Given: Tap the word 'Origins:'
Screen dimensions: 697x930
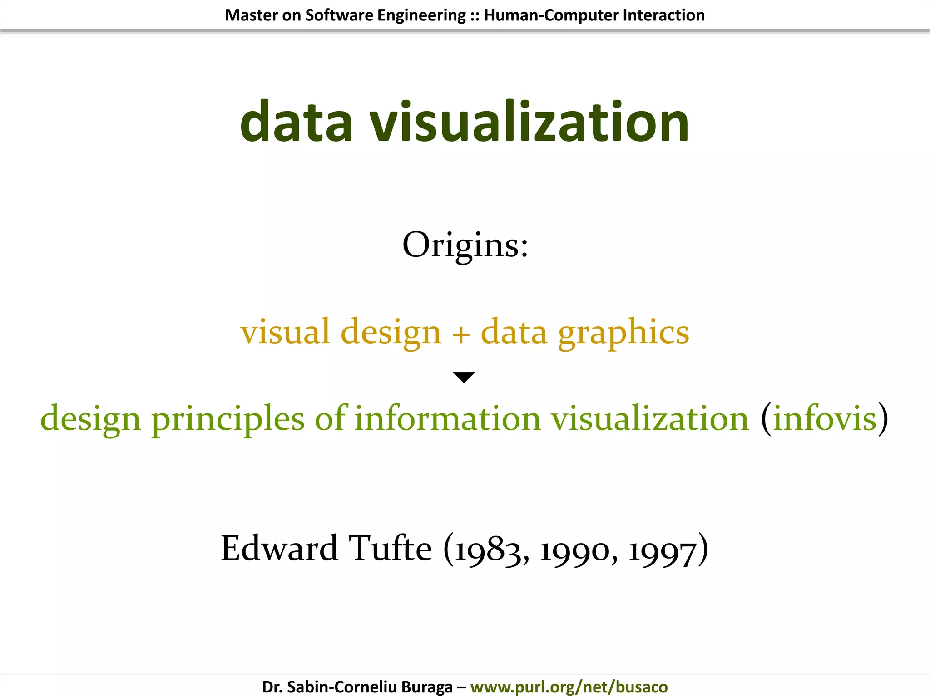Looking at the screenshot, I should point(465,245).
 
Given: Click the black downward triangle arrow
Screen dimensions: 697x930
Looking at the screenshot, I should point(464,377).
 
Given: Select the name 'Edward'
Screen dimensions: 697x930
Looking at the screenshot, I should point(280,548).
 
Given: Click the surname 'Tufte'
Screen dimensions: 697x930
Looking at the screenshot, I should point(390,548).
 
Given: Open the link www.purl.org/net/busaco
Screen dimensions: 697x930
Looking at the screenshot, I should point(569,687).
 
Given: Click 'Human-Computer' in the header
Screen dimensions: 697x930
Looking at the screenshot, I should point(551,15).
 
